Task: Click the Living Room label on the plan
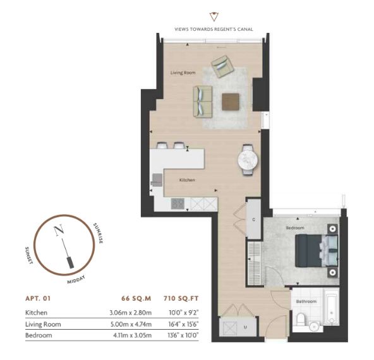click(183, 73)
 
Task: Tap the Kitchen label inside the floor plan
click(187, 180)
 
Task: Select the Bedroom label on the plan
click(295, 228)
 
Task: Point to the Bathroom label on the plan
click(306, 302)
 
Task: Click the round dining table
click(248, 160)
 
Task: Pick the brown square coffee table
click(231, 102)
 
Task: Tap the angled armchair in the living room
click(223, 66)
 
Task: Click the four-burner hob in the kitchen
click(178, 204)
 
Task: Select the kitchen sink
click(157, 180)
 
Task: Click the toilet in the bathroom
click(301, 319)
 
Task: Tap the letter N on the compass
click(59, 230)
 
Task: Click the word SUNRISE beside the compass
click(99, 233)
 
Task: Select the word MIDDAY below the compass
click(76, 279)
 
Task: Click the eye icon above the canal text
click(214, 16)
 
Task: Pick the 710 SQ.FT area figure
click(181, 299)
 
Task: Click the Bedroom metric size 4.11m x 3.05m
click(133, 335)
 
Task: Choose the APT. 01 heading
click(38, 299)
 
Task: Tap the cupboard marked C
click(254, 219)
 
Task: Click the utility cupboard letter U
click(245, 327)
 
